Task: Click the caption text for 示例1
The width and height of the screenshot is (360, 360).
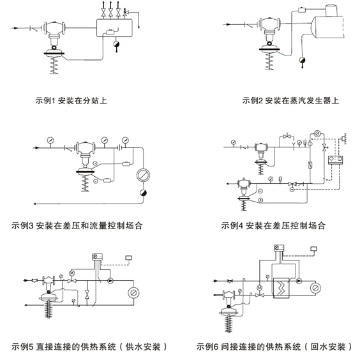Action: [x=71, y=101]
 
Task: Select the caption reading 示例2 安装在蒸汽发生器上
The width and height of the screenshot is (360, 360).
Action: [x=290, y=101]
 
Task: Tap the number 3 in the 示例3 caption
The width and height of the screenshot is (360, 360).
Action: [x=31, y=226]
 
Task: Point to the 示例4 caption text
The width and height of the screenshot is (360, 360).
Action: [x=273, y=226]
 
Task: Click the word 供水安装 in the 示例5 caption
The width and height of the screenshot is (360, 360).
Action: [x=143, y=346]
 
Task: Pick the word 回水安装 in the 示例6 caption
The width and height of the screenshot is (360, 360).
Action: [x=328, y=346]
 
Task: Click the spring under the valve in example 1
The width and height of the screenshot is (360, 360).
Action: [x=54, y=65]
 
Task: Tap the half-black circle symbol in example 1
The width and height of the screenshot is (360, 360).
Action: [x=116, y=44]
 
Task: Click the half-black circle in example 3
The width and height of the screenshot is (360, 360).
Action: [x=143, y=193]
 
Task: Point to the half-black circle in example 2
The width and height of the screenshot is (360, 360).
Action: [x=302, y=61]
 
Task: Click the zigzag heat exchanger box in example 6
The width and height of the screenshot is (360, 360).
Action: [x=281, y=288]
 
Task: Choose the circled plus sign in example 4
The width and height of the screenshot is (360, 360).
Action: [x=260, y=200]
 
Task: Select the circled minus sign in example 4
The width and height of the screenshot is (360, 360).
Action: [x=260, y=191]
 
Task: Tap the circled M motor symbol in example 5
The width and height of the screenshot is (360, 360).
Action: [x=72, y=273]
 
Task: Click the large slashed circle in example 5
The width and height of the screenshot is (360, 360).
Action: [x=133, y=293]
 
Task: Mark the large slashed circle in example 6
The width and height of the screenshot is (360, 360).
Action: [x=315, y=288]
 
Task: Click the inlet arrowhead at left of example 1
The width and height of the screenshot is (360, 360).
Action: [x=15, y=28]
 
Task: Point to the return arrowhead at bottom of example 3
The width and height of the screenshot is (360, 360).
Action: [x=35, y=204]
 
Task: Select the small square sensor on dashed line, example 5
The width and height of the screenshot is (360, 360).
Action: [x=128, y=258]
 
